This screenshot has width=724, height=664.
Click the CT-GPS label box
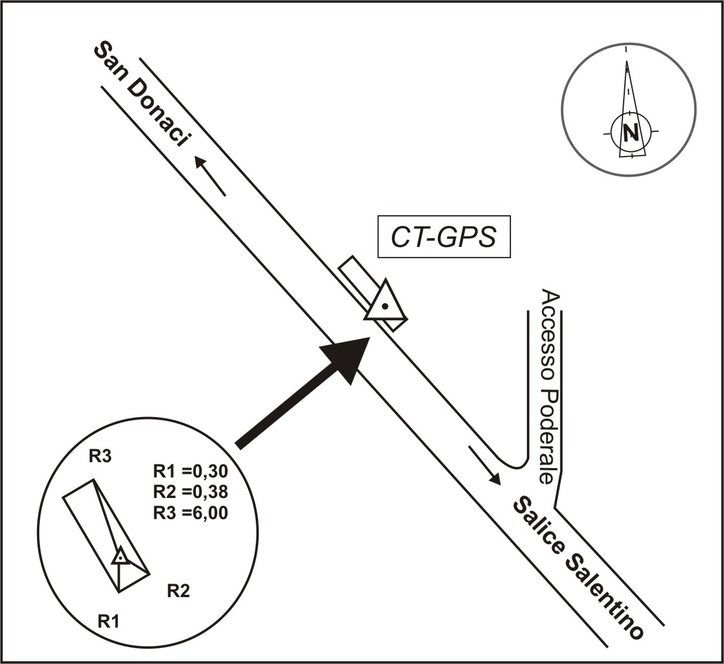click(x=444, y=238)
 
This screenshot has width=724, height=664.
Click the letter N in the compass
click(x=631, y=133)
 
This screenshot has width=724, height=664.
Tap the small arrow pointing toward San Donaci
click(x=210, y=175)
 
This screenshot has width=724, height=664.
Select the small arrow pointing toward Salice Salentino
click(x=485, y=465)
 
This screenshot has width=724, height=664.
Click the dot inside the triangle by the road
click(x=384, y=306)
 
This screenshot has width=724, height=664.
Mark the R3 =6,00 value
click(x=190, y=513)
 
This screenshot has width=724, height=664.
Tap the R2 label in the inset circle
click(x=178, y=591)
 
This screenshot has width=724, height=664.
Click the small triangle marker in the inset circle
click(x=120, y=557)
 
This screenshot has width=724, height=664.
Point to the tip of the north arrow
click(x=627, y=61)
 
